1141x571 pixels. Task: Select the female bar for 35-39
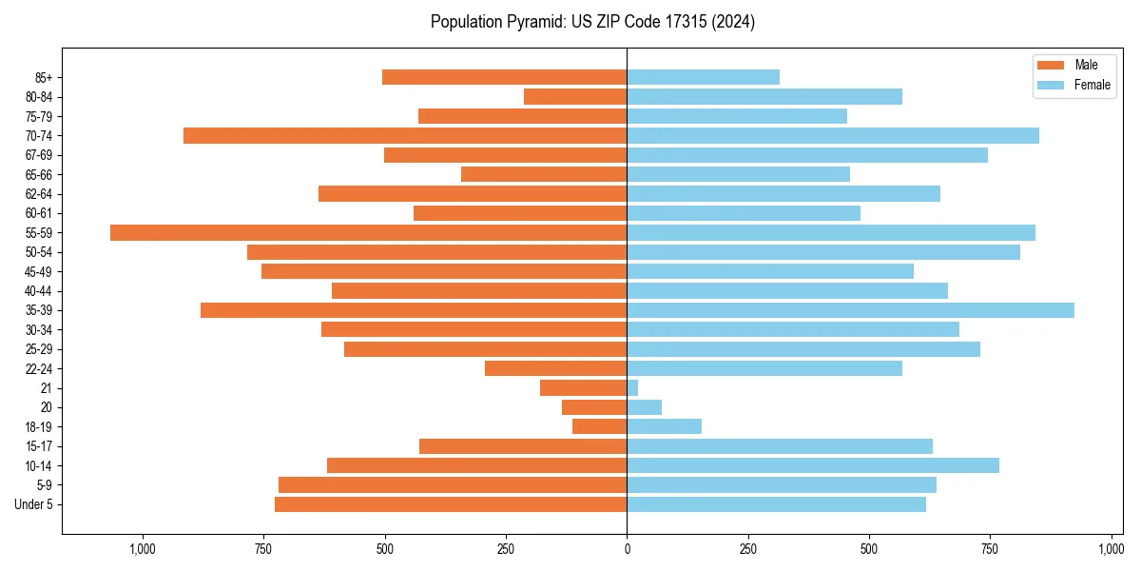(850, 310)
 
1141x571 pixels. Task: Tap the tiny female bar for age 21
(632, 388)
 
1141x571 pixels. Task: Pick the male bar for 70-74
(405, 136)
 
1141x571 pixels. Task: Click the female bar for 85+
(703, 77)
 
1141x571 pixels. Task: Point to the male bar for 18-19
(599, 426)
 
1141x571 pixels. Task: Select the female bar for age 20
(644, 407)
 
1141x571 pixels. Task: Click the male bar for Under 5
(451, 504)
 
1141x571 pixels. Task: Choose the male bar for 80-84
(575, 97)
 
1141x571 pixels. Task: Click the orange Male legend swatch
(1051, 65)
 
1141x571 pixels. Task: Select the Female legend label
(1092, 85)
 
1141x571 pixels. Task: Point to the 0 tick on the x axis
(627, 549)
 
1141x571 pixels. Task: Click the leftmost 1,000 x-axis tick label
(143, 549)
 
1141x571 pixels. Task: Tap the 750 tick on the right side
(990, 549)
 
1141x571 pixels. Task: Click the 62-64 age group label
(39, 194)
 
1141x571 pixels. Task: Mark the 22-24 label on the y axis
(39, 369)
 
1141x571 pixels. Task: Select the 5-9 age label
(45, 485)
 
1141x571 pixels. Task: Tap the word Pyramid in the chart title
(533, 22)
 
